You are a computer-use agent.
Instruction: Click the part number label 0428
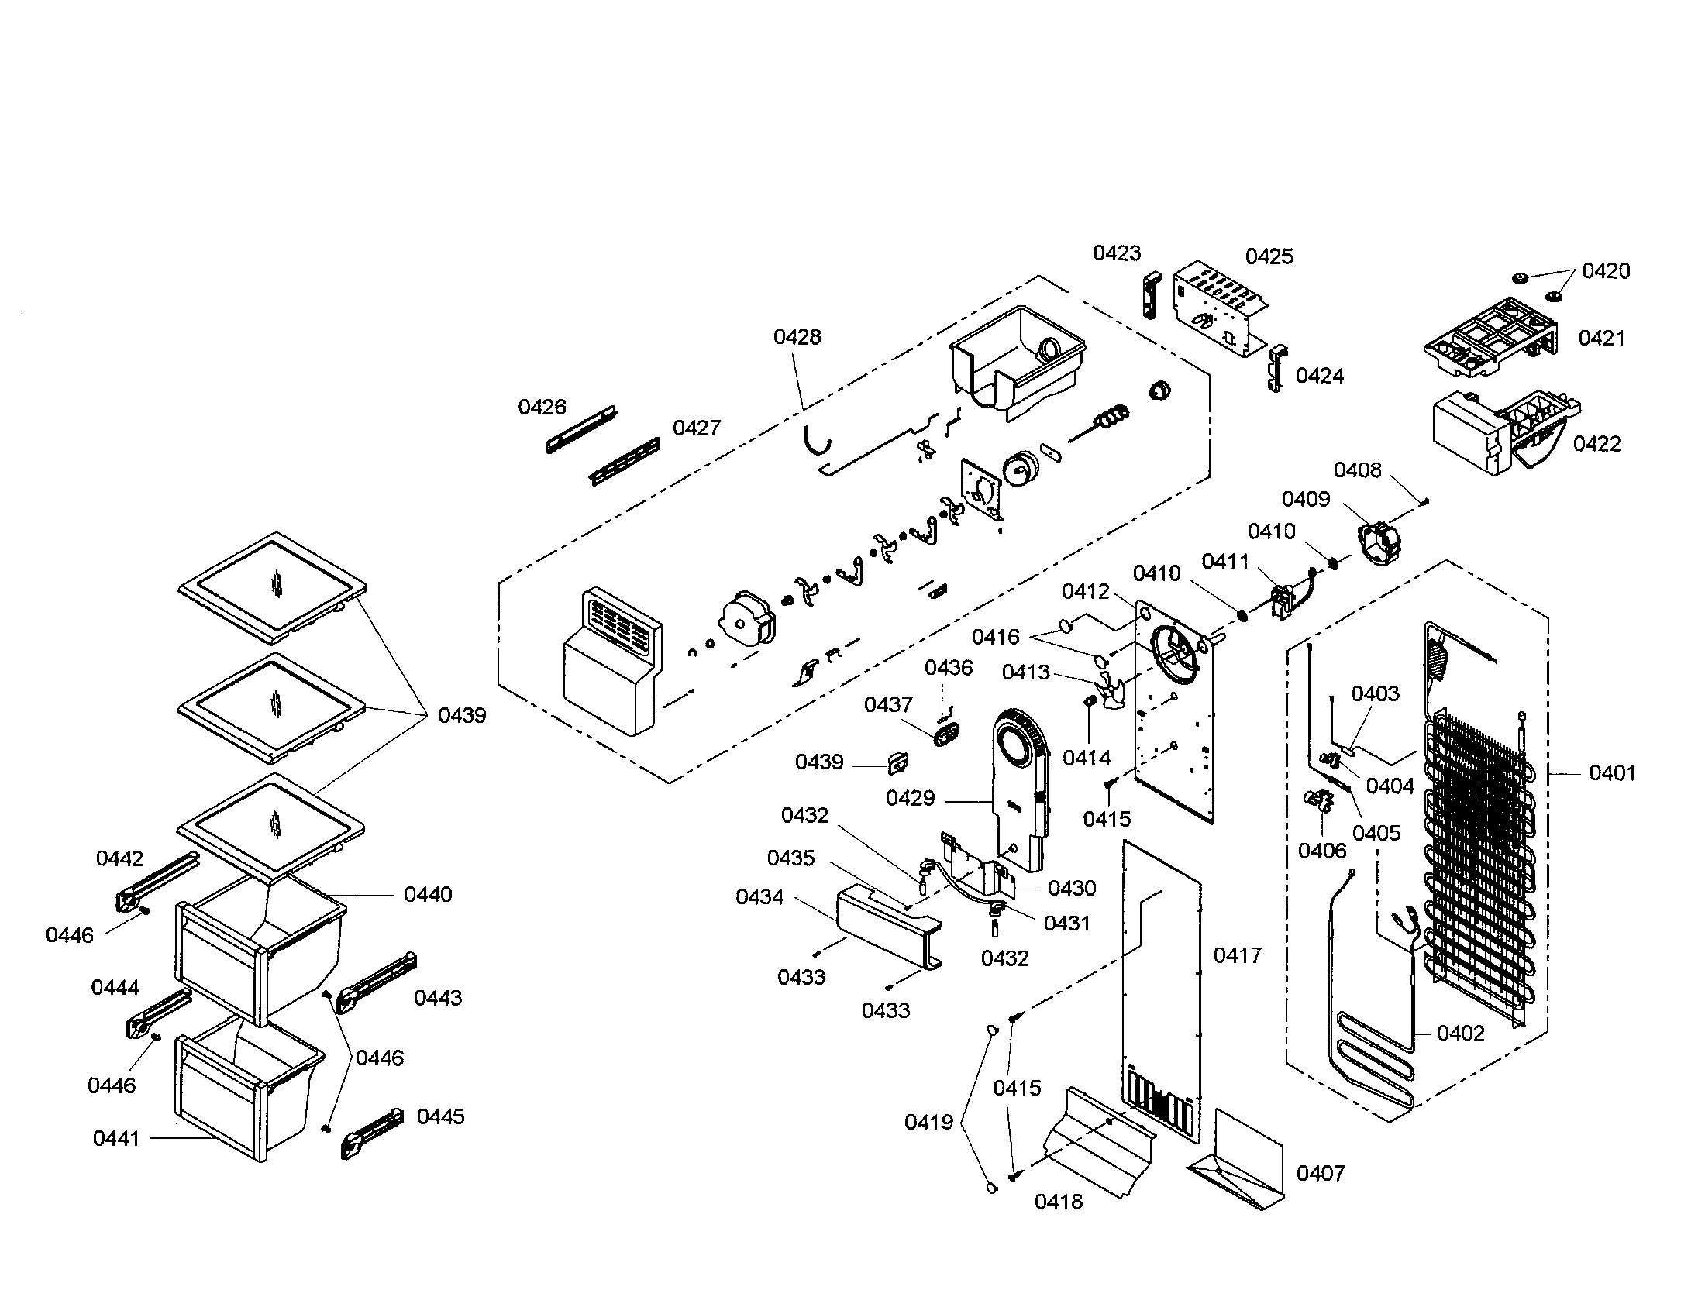[x=797, y=337]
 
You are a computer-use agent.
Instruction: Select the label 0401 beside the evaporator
[x=1611, y=773]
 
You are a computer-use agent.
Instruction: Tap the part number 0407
[x=1320, y=1174]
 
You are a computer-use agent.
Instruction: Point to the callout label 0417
[x=1238, y=955]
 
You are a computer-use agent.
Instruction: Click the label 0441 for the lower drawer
[x=116, y=1138]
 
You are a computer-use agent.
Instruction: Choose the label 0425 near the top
[x=1269, y=256]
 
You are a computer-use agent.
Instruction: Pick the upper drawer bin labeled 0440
[x=257, y=944]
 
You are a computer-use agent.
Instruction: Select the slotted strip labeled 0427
[x=625, y=461]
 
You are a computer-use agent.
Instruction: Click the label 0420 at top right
[x=1606, y=271]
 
